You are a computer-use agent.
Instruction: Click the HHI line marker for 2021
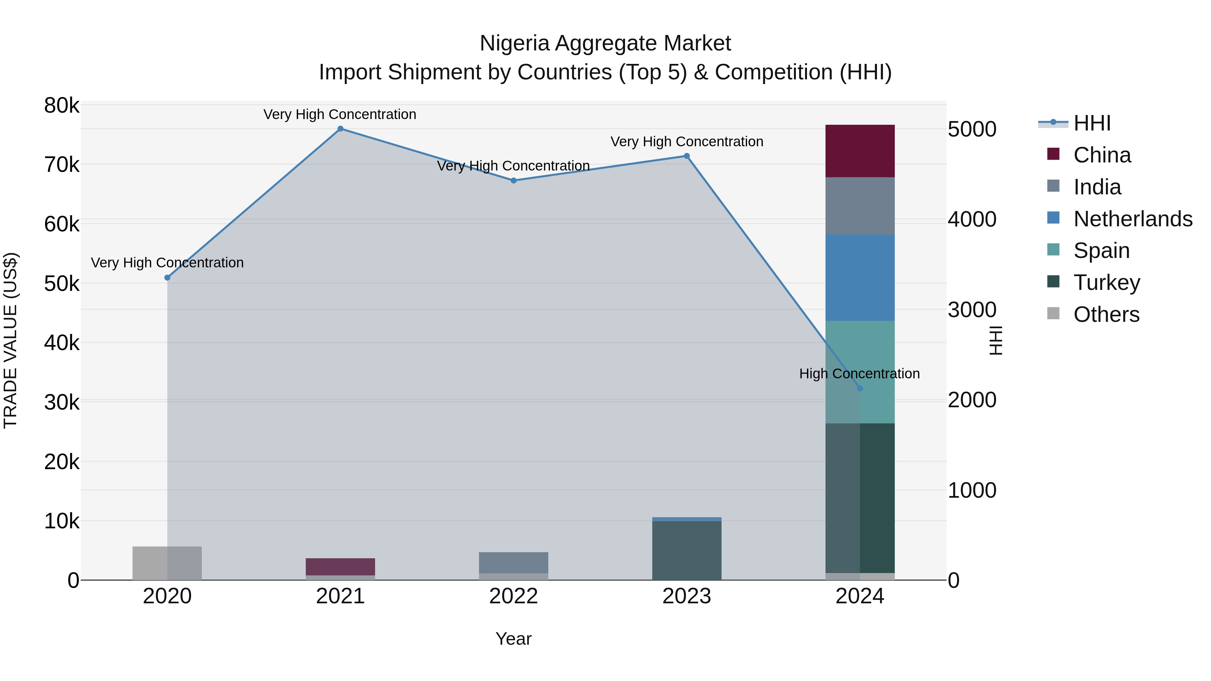click(340, 129)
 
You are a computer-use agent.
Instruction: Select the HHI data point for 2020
click(168, 278)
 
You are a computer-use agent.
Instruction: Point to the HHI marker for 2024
click(860, 388)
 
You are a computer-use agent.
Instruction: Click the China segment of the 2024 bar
click(860, 151)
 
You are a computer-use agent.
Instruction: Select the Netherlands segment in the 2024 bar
click(860, 277)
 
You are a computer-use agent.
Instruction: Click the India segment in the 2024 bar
click(860, 206)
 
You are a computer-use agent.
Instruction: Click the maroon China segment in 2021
click(340, 566)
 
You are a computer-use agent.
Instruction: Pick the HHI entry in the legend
click(1092, 123)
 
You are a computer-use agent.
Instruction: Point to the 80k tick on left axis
click(62, 106)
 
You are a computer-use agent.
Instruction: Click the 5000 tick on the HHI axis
click(972, 129)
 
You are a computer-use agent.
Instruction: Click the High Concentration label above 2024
click(859, 374)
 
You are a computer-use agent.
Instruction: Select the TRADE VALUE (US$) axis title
click(10, 340)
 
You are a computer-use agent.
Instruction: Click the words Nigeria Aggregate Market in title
click(605, 43)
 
